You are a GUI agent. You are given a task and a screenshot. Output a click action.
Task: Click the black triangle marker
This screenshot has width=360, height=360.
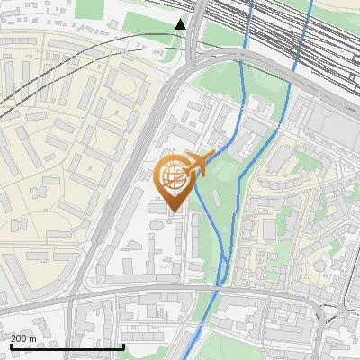[181, 23]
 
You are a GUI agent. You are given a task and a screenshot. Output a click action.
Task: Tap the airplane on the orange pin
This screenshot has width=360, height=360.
[200, 165]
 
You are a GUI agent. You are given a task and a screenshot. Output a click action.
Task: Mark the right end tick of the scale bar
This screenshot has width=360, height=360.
[122, 346]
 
